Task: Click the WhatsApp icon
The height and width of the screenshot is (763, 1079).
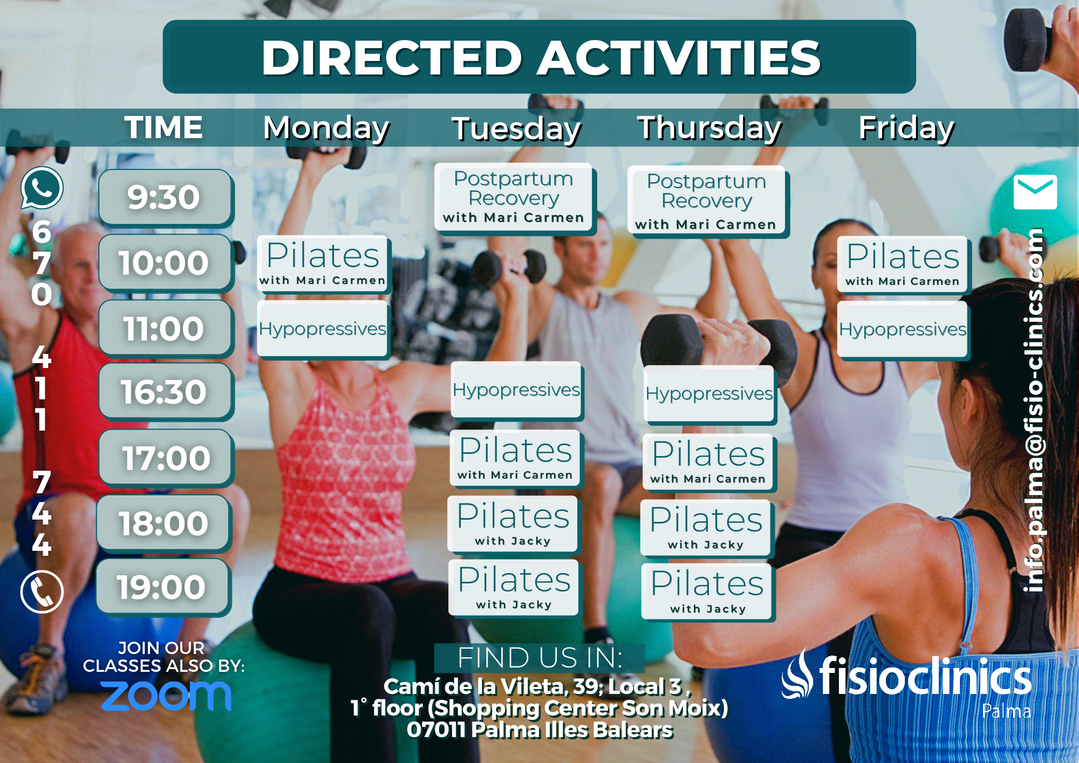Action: [x=42, y=188]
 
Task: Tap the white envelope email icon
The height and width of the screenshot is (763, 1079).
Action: [x=1035, y=192]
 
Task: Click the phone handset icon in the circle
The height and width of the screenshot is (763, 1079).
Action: [x=42, y=591]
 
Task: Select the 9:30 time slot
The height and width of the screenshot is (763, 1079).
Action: [x=165, y=197]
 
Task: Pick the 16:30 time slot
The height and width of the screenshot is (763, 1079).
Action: [x=165, y=392]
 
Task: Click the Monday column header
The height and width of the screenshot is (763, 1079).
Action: [x=326, y=128]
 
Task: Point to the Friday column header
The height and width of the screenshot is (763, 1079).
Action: [x=906, y=128]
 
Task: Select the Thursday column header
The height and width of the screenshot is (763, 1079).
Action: [x=709, y=128]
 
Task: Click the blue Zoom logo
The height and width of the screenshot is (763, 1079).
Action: [x=166, y=696]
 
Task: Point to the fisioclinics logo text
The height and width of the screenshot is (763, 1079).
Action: [x=925, y=676]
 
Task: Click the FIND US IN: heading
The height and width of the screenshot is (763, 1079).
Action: [x=539, y=658]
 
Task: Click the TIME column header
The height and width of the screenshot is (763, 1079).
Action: [x=163, y=127]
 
